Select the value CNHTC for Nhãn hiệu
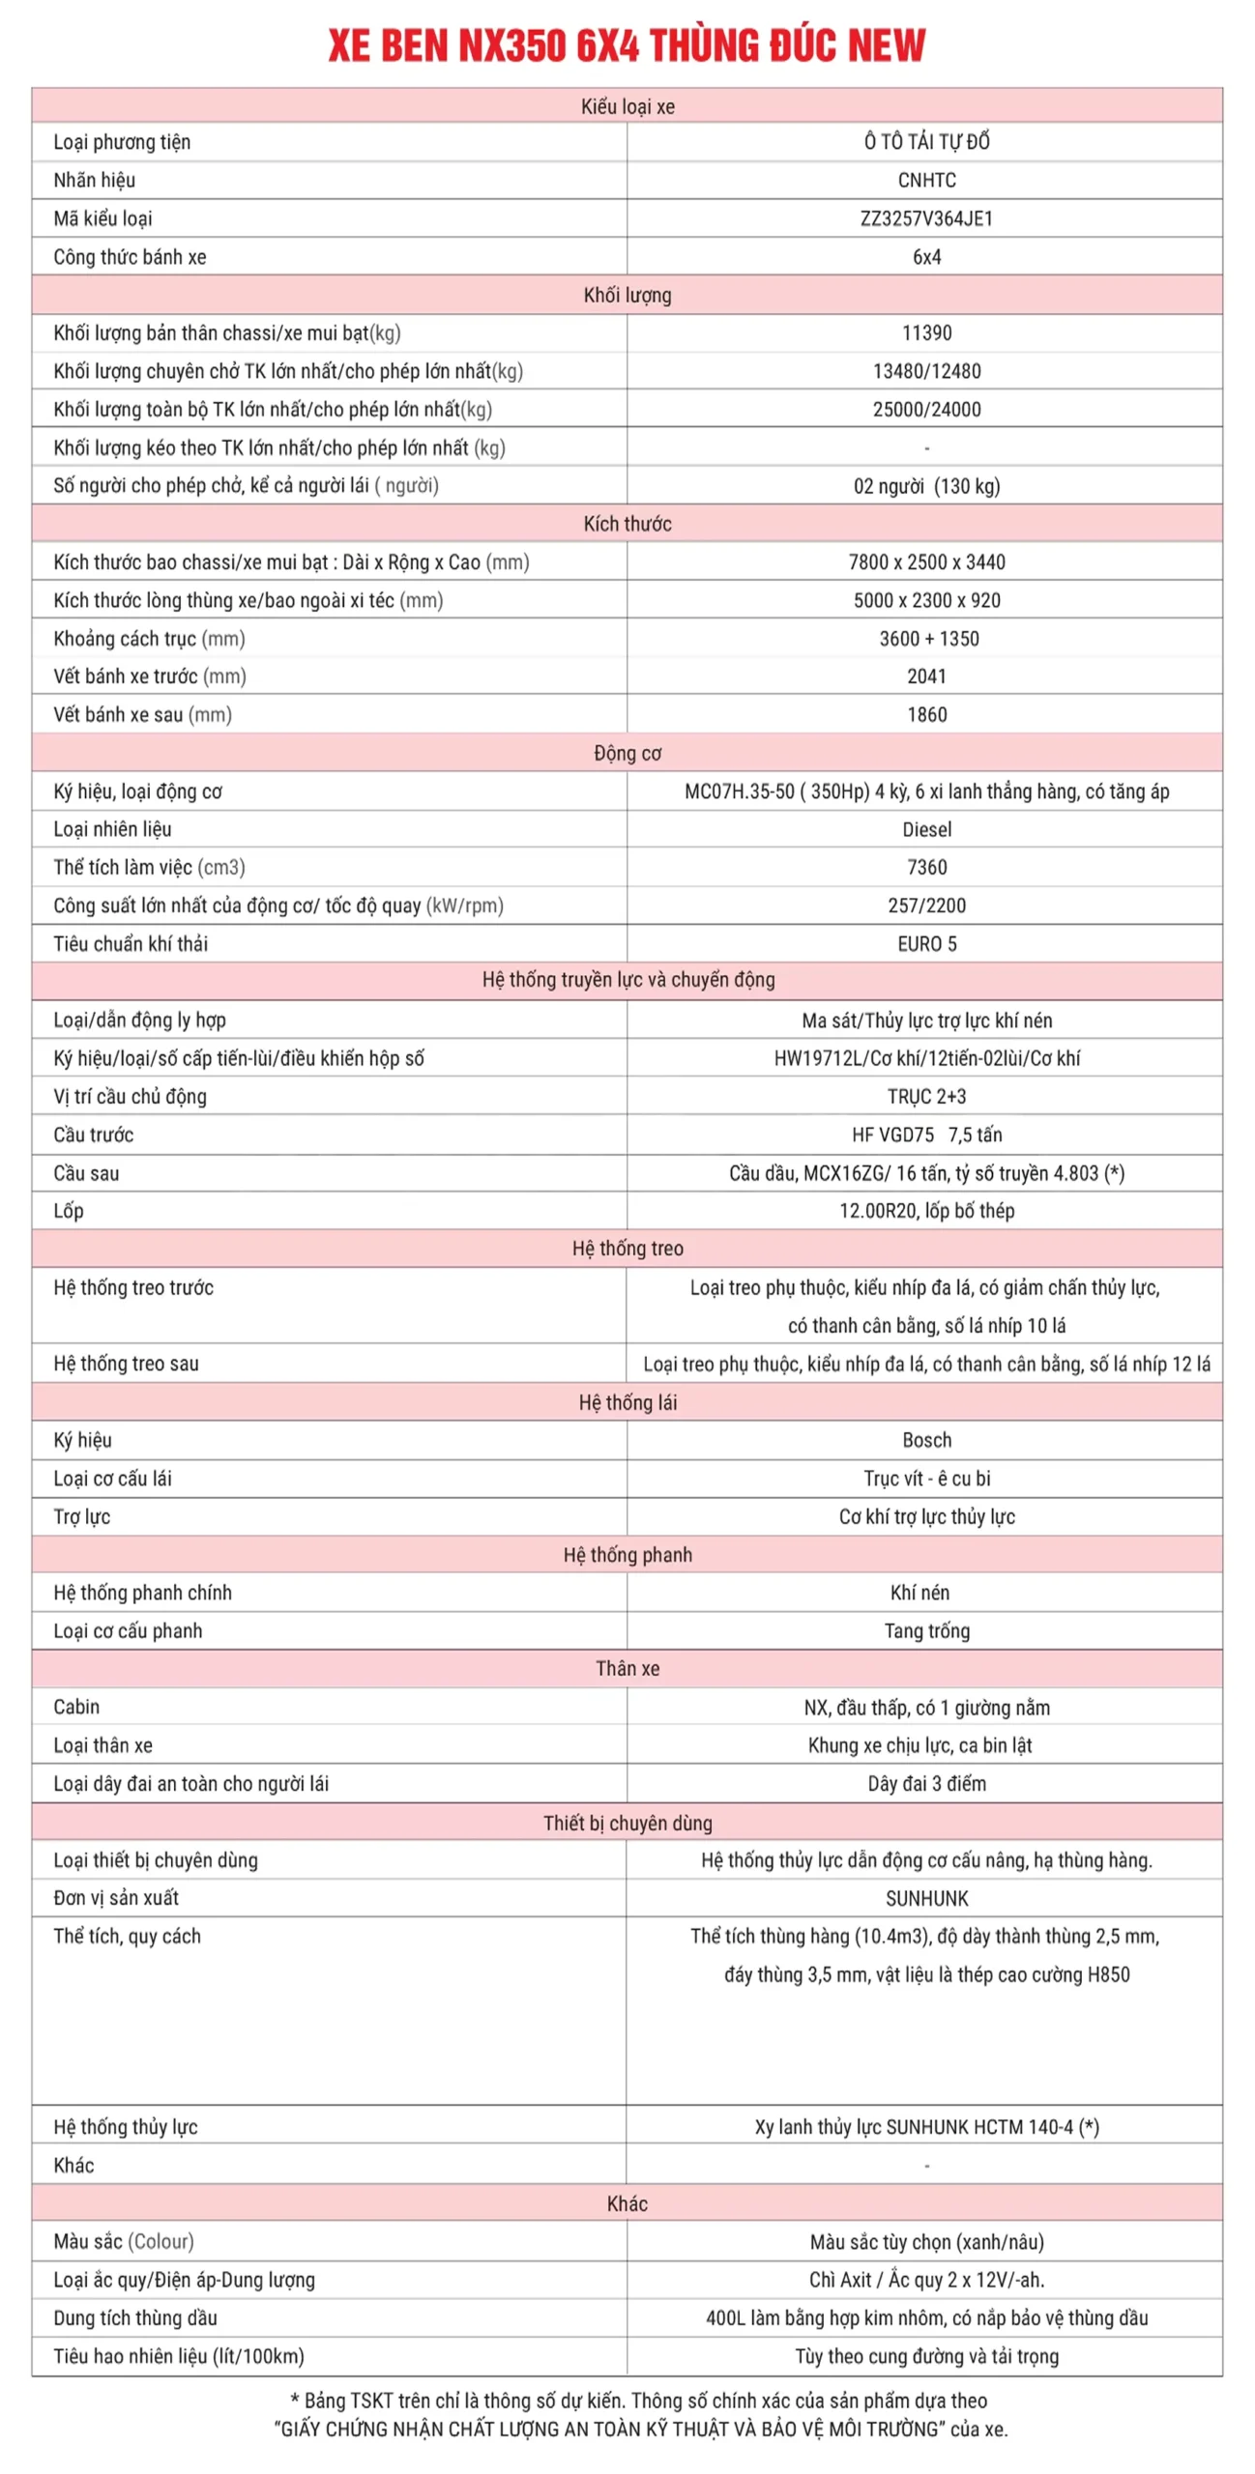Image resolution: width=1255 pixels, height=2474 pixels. [x=926, y=181]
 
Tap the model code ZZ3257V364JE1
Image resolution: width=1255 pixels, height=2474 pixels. [x=926, y=218]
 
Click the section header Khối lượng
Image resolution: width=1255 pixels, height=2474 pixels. [x=627, y=295]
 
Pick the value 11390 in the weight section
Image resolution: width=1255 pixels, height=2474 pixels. [x=926, y=333]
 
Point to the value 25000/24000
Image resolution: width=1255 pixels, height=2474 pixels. [x=926, y=410]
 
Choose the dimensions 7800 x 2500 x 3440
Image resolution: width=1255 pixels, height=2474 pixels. [x=926, y=562]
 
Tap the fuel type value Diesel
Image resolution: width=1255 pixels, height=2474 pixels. [x=926, y=829]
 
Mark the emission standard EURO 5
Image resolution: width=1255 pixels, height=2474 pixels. [x=926, y=944]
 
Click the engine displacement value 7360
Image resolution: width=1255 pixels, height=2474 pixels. [x=926, y=868]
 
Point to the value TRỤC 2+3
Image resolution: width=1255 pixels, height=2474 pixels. [x=926, y=1097]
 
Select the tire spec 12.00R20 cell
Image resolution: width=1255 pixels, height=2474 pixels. [x=926, y=1211]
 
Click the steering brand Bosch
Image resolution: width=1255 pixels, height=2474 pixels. [x=926, y=1440]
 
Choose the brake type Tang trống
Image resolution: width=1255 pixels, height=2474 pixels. [x=926, y=1631]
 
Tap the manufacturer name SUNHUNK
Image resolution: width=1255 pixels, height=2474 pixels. [x=926, y=1898]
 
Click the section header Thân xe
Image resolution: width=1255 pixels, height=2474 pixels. [x=627, y=1669]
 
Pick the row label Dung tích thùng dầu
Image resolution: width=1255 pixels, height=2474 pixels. [x=135, y=2317]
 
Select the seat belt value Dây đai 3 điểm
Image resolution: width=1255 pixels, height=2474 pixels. [x=926, y=1784]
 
